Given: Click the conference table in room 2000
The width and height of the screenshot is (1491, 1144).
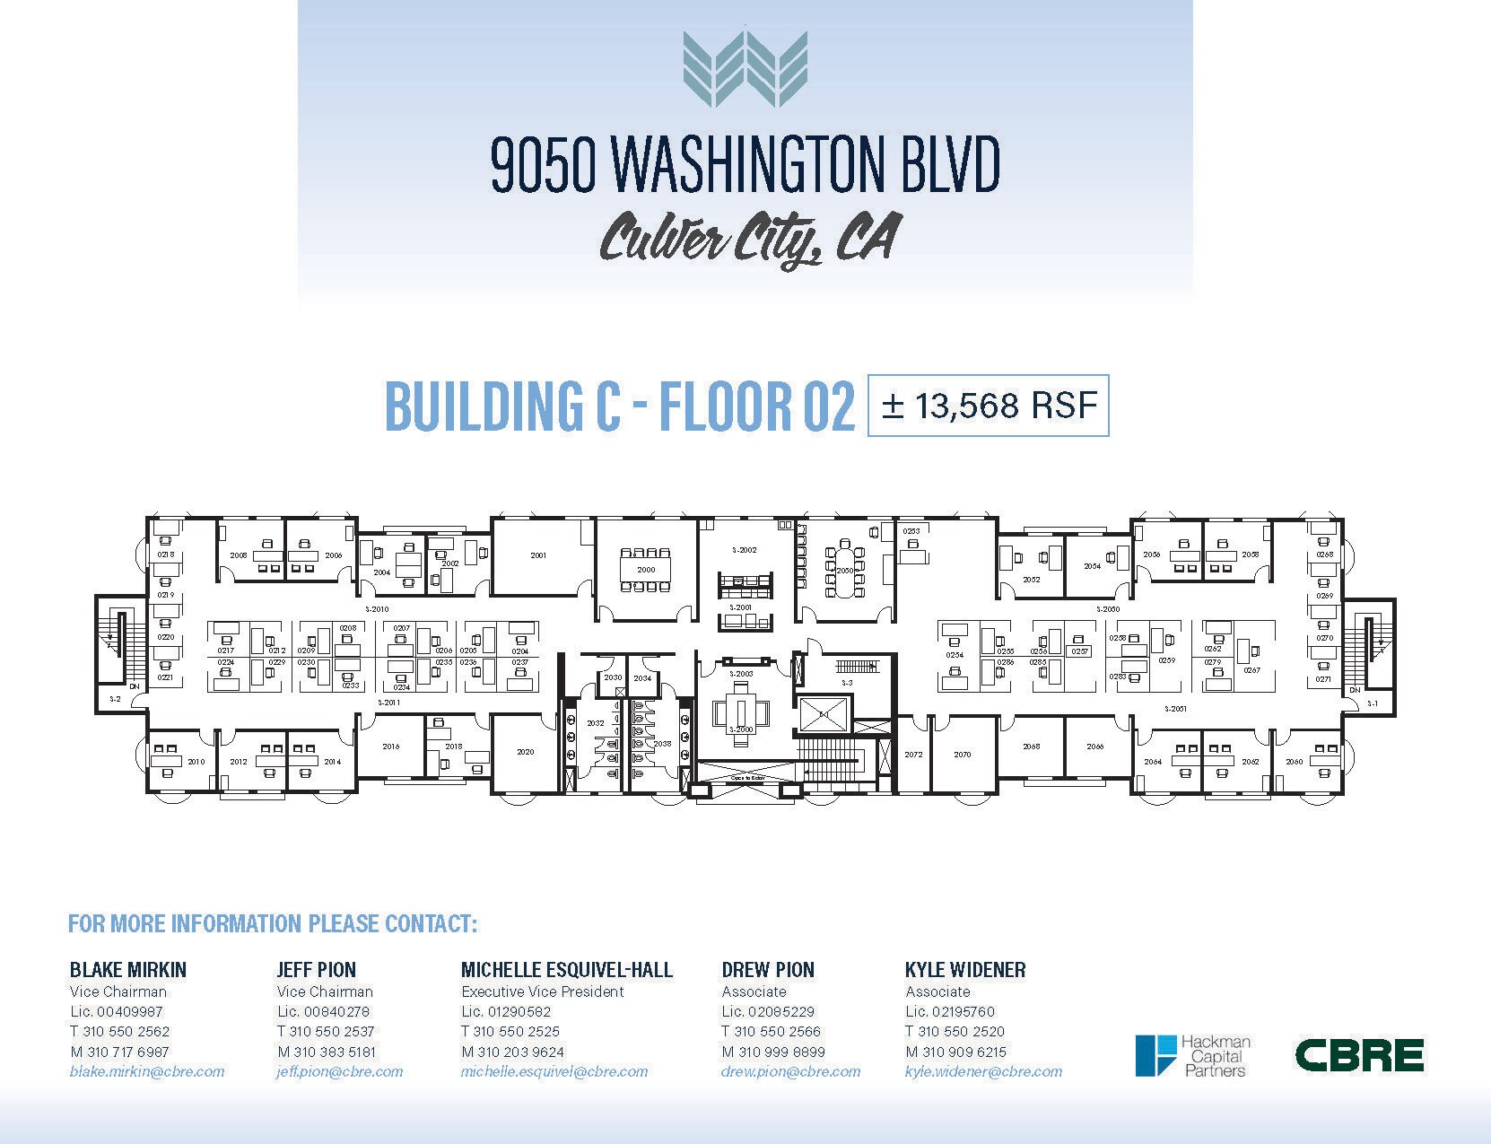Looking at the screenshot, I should [646, 570].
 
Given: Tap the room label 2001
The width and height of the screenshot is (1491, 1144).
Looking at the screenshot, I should [538, 555].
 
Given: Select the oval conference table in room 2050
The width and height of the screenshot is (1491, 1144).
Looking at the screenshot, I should [845, 571].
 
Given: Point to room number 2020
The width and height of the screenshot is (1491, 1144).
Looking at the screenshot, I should [526, 752].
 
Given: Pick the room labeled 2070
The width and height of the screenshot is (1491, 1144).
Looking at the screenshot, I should [963, 755].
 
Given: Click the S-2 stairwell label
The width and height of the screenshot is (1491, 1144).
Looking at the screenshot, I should [115, 698].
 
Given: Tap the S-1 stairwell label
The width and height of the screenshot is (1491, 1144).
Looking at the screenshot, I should [1373, 703].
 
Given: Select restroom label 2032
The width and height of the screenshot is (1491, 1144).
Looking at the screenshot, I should [595, 722].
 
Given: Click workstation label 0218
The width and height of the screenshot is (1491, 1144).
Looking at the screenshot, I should [166, 555].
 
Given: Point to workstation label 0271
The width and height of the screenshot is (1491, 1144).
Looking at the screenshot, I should [1324, 679].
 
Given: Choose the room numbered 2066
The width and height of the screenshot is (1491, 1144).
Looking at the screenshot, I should [1095, 747].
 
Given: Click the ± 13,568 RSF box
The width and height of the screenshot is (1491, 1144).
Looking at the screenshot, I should [988, 406].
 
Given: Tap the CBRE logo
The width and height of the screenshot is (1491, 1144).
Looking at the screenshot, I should [1359, 1055].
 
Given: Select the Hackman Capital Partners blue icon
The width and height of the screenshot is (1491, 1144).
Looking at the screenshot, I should [1155, 1055].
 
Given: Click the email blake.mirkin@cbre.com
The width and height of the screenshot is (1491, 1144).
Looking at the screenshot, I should [147, 1071].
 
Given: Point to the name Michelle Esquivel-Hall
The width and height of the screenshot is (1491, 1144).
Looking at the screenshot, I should [567, 970].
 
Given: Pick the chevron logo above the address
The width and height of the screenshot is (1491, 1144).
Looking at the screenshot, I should [745, 69].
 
